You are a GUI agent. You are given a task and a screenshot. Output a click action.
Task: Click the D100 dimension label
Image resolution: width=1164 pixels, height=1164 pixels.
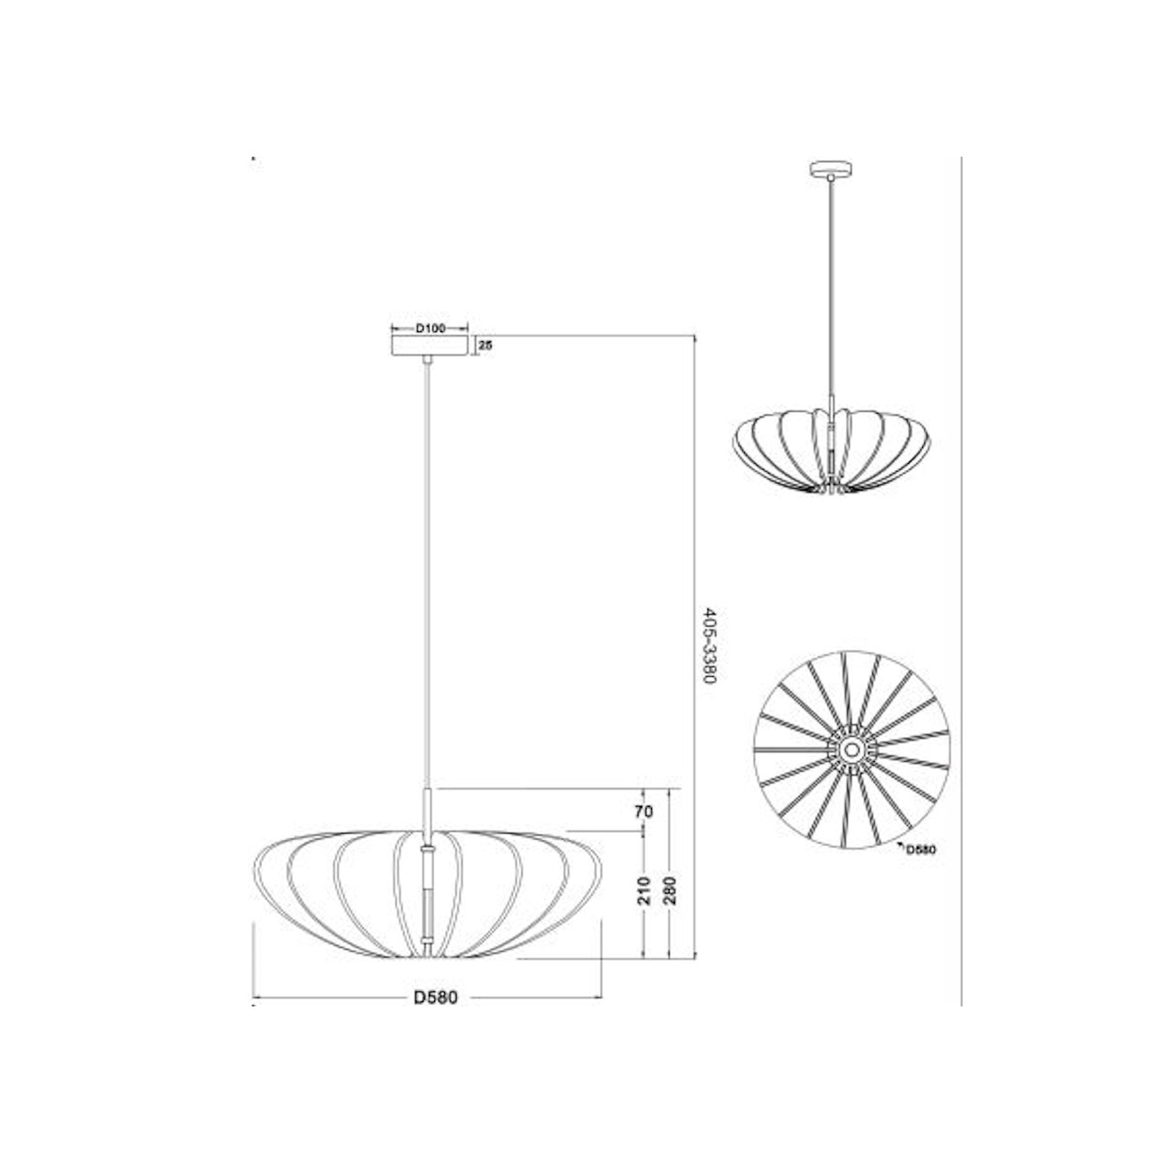(x=431, y=329)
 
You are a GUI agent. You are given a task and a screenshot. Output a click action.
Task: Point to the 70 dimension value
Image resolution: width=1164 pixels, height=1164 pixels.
(x=644, y=812)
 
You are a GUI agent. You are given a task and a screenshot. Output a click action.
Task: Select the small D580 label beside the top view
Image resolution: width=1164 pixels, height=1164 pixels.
(x=920, y=851)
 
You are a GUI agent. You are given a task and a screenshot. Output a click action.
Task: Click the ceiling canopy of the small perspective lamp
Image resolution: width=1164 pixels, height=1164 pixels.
(x=832, y=168)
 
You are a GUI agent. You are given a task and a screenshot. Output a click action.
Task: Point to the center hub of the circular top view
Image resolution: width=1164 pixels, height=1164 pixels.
(x=852, y=749)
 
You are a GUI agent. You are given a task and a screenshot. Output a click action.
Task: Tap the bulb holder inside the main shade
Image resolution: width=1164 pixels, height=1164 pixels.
(x=429, y=895)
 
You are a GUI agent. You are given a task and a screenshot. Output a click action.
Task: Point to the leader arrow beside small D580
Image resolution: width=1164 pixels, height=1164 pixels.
(x=898, y=844)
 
